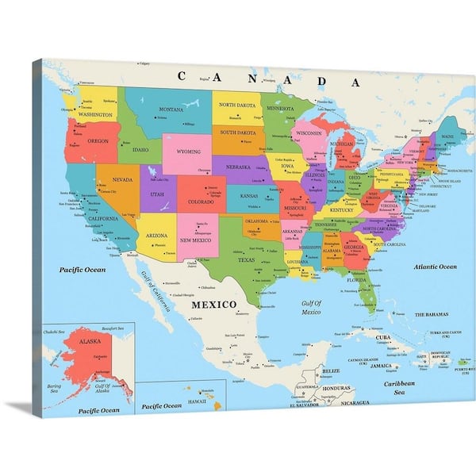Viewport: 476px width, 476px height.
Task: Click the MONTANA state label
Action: (x=171, y=109)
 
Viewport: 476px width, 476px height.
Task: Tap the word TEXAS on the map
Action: (x=246, y=259)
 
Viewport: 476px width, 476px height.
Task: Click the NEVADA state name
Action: (x=122, y=179)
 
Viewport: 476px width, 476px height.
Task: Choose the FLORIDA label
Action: (x=355, y=279)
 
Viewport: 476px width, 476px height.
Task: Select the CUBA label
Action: (x=384, y=337)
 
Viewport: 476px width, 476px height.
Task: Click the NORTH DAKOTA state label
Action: (x=238, y=105)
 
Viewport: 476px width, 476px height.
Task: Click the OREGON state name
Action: (x=98, y=140)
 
